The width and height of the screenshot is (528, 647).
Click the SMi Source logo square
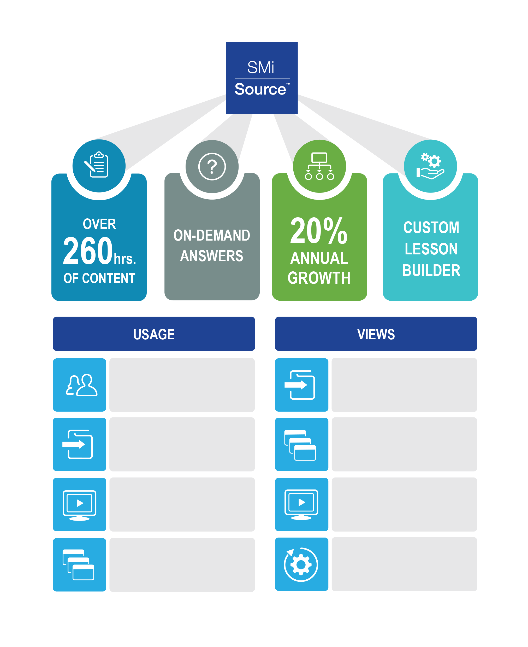262,78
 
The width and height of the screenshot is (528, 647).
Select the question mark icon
212,166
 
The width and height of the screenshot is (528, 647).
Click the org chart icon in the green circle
319,166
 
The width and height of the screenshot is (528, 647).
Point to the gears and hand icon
430,166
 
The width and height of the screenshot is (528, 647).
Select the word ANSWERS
212,256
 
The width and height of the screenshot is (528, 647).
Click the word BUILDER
431,270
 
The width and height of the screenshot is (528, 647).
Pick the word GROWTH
319,278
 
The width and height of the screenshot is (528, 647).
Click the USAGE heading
154,334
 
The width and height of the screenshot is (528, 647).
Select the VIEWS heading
376,334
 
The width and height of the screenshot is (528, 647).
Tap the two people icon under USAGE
81,385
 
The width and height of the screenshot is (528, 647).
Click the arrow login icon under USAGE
78,444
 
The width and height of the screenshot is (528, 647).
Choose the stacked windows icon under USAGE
79,565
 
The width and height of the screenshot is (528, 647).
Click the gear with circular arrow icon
301,564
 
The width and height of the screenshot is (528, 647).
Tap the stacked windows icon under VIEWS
300,445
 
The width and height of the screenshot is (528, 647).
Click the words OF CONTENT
99,278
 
